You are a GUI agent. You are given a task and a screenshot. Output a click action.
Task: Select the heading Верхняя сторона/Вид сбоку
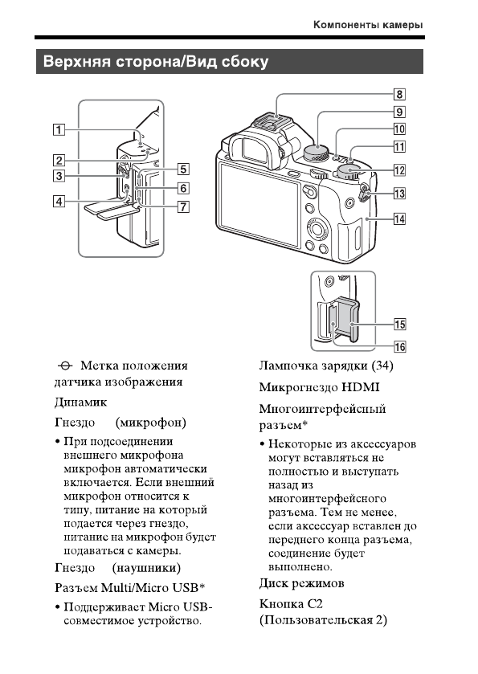coord(156,62)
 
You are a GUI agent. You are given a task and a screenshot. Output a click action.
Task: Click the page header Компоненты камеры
coord(368,25)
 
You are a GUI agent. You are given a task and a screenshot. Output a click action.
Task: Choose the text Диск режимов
coord(301,582)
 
